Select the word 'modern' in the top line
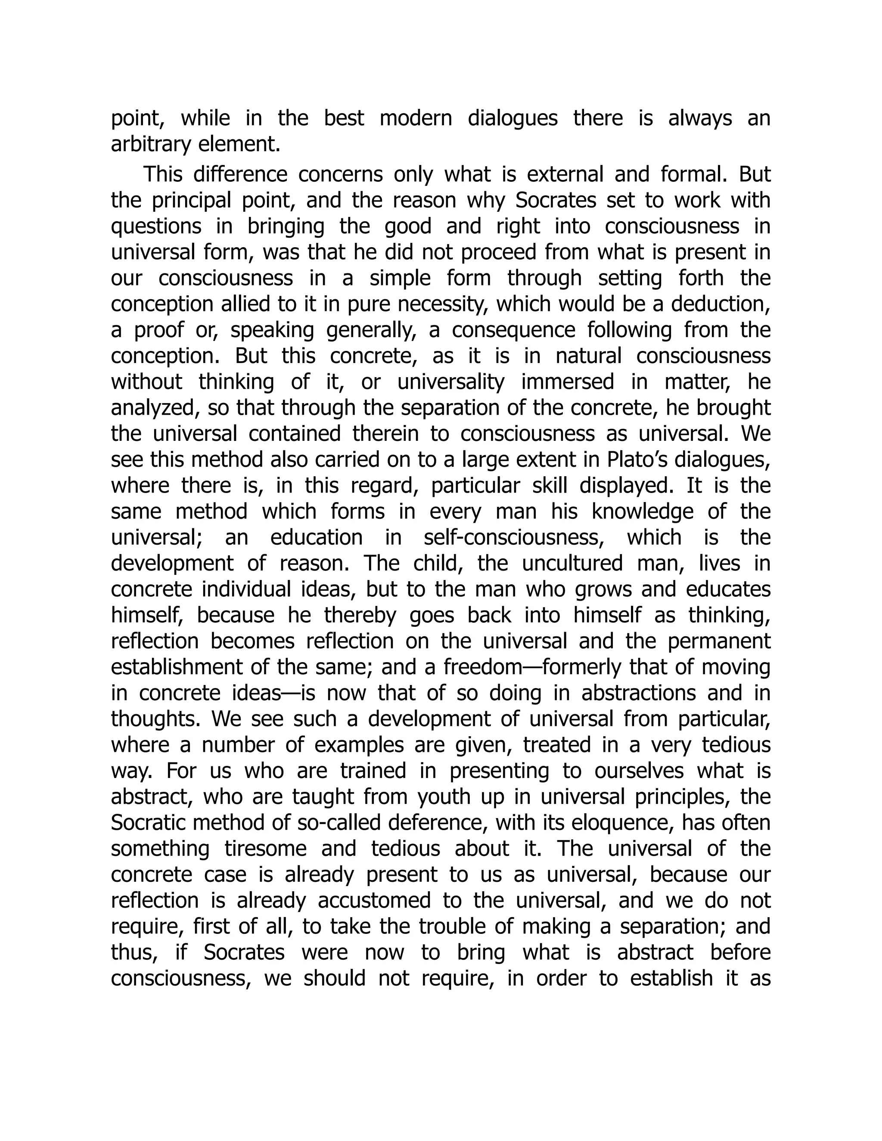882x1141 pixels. (416, 118)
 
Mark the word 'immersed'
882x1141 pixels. (568, 382)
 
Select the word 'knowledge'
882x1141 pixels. (642, 512)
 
